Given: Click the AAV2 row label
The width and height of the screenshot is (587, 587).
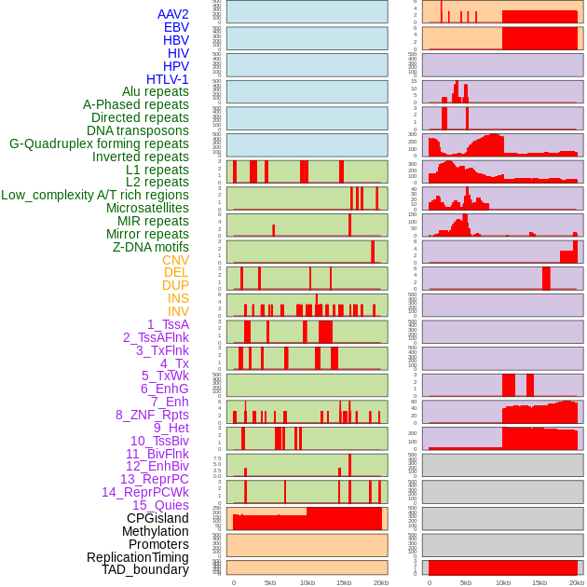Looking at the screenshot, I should pos(173,14).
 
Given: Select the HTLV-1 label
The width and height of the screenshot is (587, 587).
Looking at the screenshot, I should pos(167,79).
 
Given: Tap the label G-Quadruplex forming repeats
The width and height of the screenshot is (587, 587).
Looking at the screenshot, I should pos(99,143).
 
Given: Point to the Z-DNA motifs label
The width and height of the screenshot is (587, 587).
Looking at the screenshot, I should pos(150,247).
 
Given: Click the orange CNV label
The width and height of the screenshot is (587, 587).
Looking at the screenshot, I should pos(175,260).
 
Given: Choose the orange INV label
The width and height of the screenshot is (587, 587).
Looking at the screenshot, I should pos(178,311).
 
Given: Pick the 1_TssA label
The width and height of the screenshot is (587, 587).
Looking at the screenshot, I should pos(168,324).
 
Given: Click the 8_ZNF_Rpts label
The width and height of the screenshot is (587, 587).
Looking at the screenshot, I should pos(152,415).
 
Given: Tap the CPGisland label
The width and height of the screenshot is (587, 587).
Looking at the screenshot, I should pos(157,518).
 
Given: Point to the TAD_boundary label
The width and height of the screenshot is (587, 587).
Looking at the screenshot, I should pos(144,569).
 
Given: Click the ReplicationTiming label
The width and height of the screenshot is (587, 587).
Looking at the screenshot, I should pos(137,557).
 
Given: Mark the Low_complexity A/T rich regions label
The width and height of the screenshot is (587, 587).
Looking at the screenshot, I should pos(95,195).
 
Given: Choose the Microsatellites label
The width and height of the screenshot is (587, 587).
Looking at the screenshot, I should pos(147,208).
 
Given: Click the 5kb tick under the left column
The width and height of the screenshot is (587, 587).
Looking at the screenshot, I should pos(270,582).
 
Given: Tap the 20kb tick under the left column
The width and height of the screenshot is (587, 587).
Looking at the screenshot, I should pos(380,582).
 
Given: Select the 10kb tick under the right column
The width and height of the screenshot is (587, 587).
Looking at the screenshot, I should pos(502,582).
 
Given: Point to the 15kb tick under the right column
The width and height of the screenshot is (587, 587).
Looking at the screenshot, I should pos(539,582).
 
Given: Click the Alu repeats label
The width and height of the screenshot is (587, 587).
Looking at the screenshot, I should pos(156,91).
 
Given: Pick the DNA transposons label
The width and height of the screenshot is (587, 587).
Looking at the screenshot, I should pos(138,130).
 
